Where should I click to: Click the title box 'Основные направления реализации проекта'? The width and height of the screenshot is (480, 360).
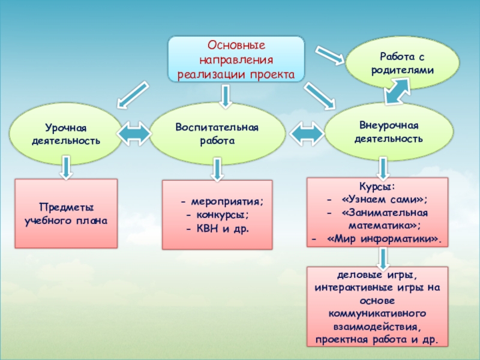[x=236, y=60]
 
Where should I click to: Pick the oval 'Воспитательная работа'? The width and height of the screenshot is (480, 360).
[x=217, y=133]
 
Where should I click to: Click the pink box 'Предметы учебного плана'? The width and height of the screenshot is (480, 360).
[x=66, y=214]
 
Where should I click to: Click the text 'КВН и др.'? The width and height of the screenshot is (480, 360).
[x=218, y=229]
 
